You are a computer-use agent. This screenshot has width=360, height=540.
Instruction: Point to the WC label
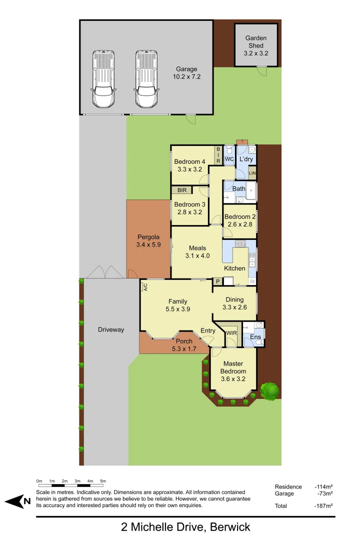(x=229, y=159)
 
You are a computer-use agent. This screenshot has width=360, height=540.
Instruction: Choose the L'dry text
(x=246, y=159)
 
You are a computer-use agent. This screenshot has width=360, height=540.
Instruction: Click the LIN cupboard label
(x=252, y=173)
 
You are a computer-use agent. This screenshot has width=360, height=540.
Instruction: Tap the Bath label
(x=238, y=188)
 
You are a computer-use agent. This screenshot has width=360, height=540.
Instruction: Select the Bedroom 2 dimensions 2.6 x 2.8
(x=239, y=224)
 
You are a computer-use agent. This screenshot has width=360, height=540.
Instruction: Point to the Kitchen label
(x=234, y=268)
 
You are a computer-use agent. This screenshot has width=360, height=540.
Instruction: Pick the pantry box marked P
(x=217, y=282)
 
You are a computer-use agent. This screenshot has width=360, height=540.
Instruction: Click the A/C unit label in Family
(x=145, y=286)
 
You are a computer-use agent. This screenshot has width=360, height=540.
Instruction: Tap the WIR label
(x=231, y=332)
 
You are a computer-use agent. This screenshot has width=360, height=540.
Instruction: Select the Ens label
(x=255, y=337)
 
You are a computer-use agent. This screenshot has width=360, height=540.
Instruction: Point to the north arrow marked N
(x=18, y=501)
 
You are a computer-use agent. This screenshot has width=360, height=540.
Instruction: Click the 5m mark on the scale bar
(x=103, y=481)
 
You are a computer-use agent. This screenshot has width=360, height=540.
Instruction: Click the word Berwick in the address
(x=230, y=527)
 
